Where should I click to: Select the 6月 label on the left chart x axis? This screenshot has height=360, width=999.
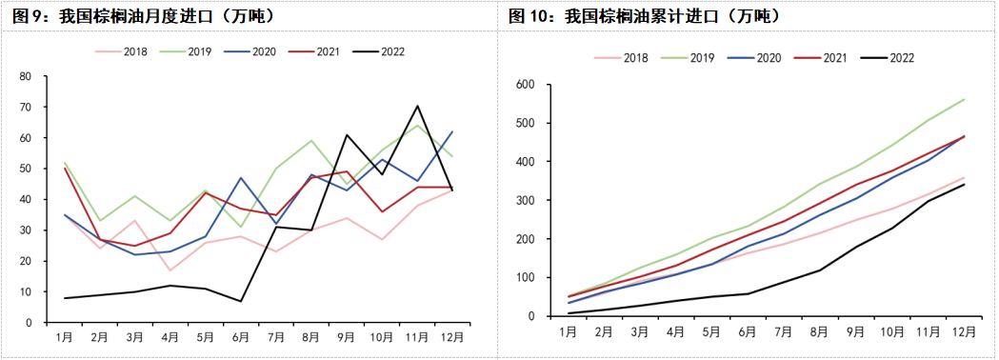pos(242,338)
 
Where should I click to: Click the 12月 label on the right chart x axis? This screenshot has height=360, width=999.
pos(964,331)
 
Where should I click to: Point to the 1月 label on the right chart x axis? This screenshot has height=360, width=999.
pos(567,331)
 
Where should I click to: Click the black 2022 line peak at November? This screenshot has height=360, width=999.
pos(417,106)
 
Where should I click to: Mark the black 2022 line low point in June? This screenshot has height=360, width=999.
pos(242,301)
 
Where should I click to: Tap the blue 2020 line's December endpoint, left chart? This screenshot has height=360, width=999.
pos(452,131)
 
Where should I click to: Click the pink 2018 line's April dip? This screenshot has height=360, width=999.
pos(171,270)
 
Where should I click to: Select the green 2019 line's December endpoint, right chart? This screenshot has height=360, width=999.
pos(964,99)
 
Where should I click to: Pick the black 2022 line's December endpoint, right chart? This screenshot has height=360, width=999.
pos(964,184)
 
